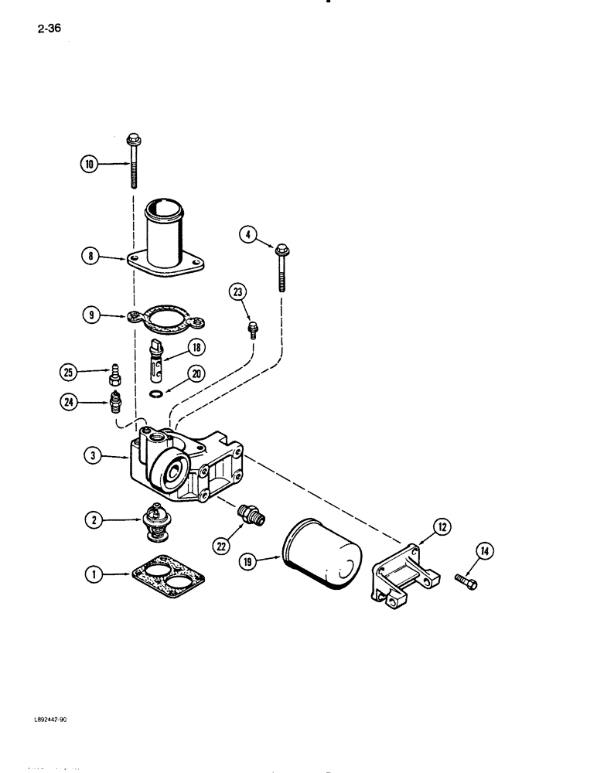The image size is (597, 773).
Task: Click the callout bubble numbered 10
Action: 89,163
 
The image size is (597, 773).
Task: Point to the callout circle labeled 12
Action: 442,528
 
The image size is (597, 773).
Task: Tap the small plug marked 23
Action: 251,330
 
